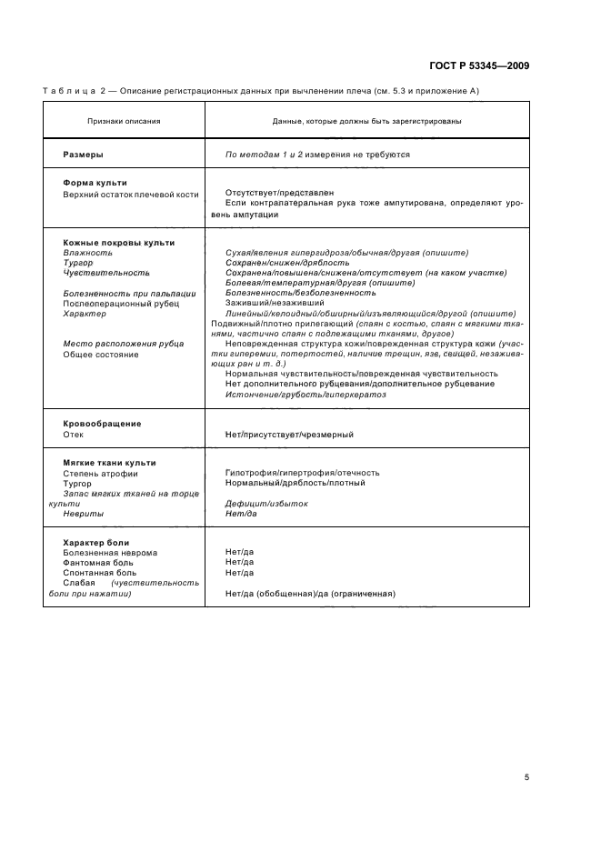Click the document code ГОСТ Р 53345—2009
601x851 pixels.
tap(478, 66)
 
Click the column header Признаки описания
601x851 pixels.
tap(124, 121)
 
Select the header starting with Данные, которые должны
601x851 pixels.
tap(366, 121)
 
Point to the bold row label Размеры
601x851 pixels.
tap(83, 155)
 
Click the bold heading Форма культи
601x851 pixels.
tap(95, 183)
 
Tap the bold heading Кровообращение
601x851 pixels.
tap(102, 424)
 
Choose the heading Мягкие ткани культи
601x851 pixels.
tap(109, 463)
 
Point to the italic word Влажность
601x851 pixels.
tap(88, 253)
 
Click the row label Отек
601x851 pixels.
tap(74, 435)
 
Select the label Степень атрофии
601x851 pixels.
tap(100, 473)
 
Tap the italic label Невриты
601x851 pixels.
tap(83, 514)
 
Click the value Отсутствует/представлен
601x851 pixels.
tap(279, 193)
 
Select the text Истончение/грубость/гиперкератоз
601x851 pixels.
tap(306, 395)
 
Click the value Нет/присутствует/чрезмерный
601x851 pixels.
tap(289, 435)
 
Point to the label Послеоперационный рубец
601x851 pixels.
tap(114, 304)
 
